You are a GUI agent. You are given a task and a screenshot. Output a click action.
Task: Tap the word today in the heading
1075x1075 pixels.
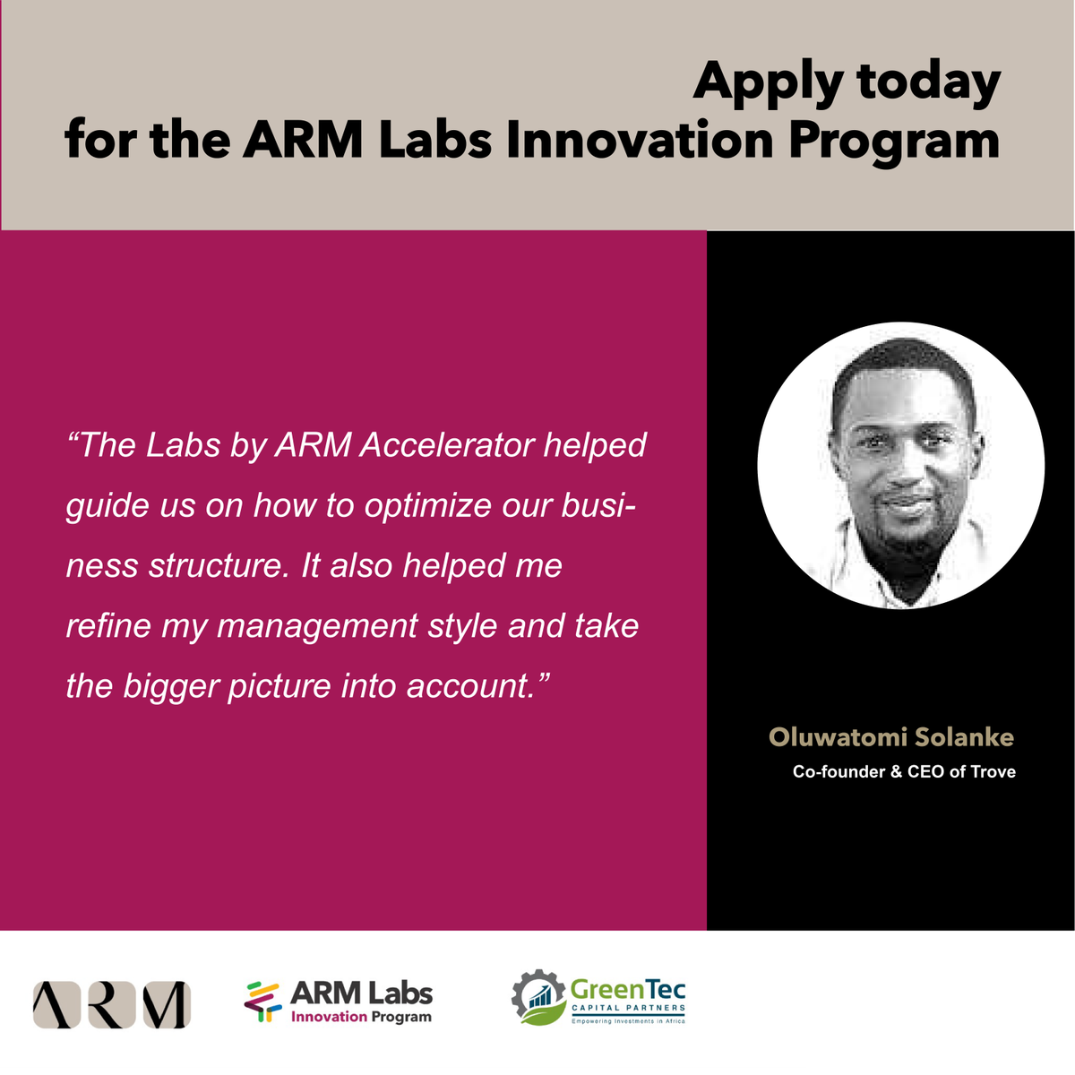928,82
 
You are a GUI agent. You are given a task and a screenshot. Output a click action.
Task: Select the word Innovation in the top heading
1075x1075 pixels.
639,142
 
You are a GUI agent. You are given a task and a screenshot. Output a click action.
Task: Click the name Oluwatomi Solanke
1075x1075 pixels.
891,737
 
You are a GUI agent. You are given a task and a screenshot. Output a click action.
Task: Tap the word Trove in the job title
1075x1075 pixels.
993,771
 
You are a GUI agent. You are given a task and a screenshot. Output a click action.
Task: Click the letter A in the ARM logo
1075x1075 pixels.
56,1004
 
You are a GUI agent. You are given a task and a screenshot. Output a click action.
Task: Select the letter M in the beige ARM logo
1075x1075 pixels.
167,1004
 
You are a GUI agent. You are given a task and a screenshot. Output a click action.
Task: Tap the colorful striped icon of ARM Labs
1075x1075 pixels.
262,1002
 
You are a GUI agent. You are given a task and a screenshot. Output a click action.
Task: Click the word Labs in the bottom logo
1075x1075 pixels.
400,993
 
